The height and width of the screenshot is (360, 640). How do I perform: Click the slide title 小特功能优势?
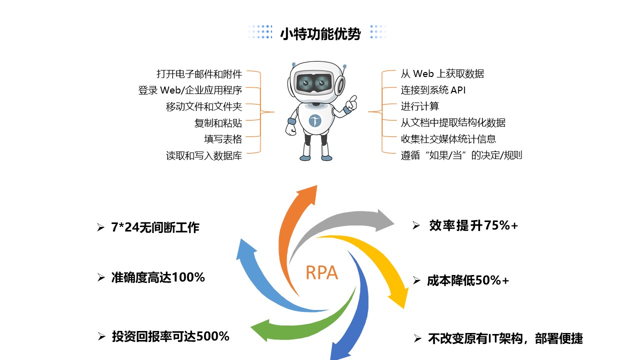pyautogui.click(x=320, y=34)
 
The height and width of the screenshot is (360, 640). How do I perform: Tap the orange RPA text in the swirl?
pyautogui.click(x=321, y=273)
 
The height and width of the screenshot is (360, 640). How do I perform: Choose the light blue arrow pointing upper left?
pyautogui.click(x=260, y=280)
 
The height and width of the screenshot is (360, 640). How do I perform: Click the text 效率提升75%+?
pyautogui.click(x=473, y=226)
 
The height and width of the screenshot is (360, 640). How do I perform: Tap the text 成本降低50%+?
pyautogui.click(x=468, y=281)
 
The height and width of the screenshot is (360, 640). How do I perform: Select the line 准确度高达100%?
pyautogui.click(x=158, y=277)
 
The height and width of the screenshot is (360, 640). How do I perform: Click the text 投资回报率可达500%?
pyautogui.click(x=170, y=336)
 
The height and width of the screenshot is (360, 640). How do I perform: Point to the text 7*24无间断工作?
pyautogui.click(x=155, y=228)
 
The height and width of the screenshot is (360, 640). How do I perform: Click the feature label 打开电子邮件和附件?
pyautogui.click(x=199, y=74)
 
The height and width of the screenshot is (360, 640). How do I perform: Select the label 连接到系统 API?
pyautogui.click(x=433, y=90)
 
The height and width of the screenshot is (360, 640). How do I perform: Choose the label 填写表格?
pyautogui.click(x=222, y=139)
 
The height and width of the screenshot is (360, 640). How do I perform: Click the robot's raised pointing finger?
pyautogui.click(x=353, y=99)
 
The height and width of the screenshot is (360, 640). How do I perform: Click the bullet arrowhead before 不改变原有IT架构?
pyautogui.click(x=417, y=339)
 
